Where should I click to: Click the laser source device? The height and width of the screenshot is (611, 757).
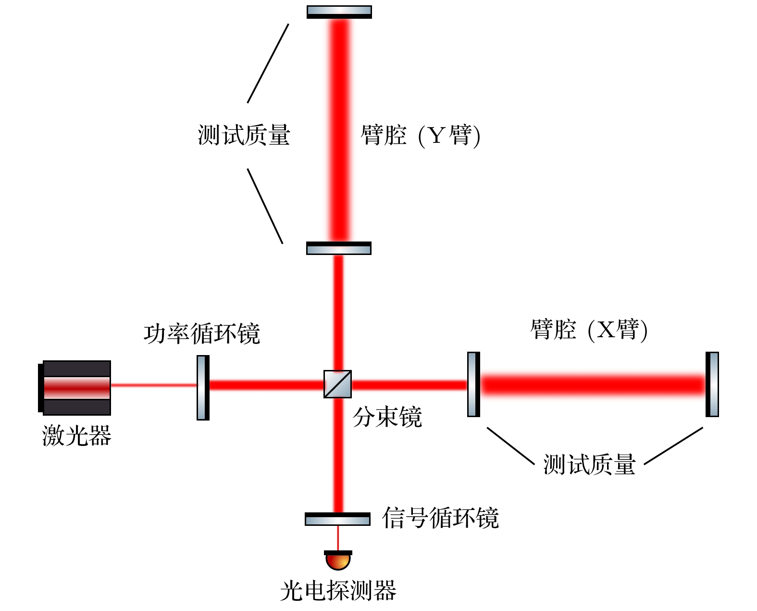[75, 387]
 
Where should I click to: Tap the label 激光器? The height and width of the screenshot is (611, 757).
[76, 436]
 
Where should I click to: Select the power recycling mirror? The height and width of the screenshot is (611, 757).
[203, 387]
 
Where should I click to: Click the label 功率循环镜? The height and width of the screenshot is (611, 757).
[201, 333]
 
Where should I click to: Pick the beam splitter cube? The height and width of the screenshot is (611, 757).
[337, 384]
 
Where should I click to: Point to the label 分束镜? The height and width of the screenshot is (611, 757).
[387, 417]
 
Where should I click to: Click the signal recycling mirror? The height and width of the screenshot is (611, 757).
[337, 519]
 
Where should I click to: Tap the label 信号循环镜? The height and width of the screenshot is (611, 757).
[440, 518]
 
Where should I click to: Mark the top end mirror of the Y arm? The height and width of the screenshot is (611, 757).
[339, 12]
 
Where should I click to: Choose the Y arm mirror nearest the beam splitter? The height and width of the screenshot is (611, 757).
[339, 248]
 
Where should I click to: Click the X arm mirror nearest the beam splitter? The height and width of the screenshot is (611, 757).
[473, 384]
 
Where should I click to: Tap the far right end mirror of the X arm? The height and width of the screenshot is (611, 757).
[712, 384]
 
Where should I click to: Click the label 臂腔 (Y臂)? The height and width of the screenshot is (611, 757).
[420, 135]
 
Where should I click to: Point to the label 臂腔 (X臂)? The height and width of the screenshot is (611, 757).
[589, 330]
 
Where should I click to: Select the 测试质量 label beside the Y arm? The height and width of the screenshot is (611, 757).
[244, 135]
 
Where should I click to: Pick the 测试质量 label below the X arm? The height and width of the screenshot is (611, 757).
[589, 465]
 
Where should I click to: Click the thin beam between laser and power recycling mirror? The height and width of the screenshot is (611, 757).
[154, 385]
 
